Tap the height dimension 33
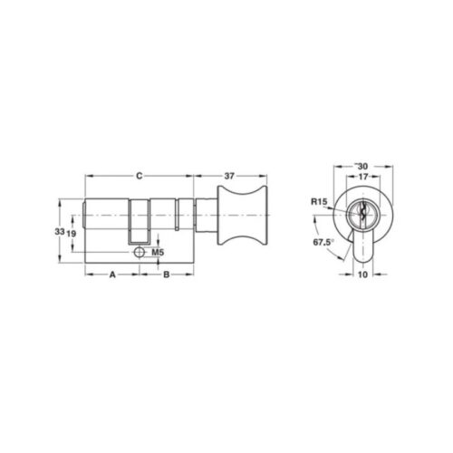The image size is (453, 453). pyautogui.click(x=59, y=232)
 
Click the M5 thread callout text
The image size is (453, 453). pyautogui.click(x=157, y=252)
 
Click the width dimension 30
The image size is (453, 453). pyautogui.click(x=361, y=166)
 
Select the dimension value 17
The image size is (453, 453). pyautogui.click(x=361, y=178)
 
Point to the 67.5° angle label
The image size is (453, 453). pyautogui.click(x=323, y=243)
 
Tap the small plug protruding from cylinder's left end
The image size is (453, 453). pyautogui.click(x=83, y=219)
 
